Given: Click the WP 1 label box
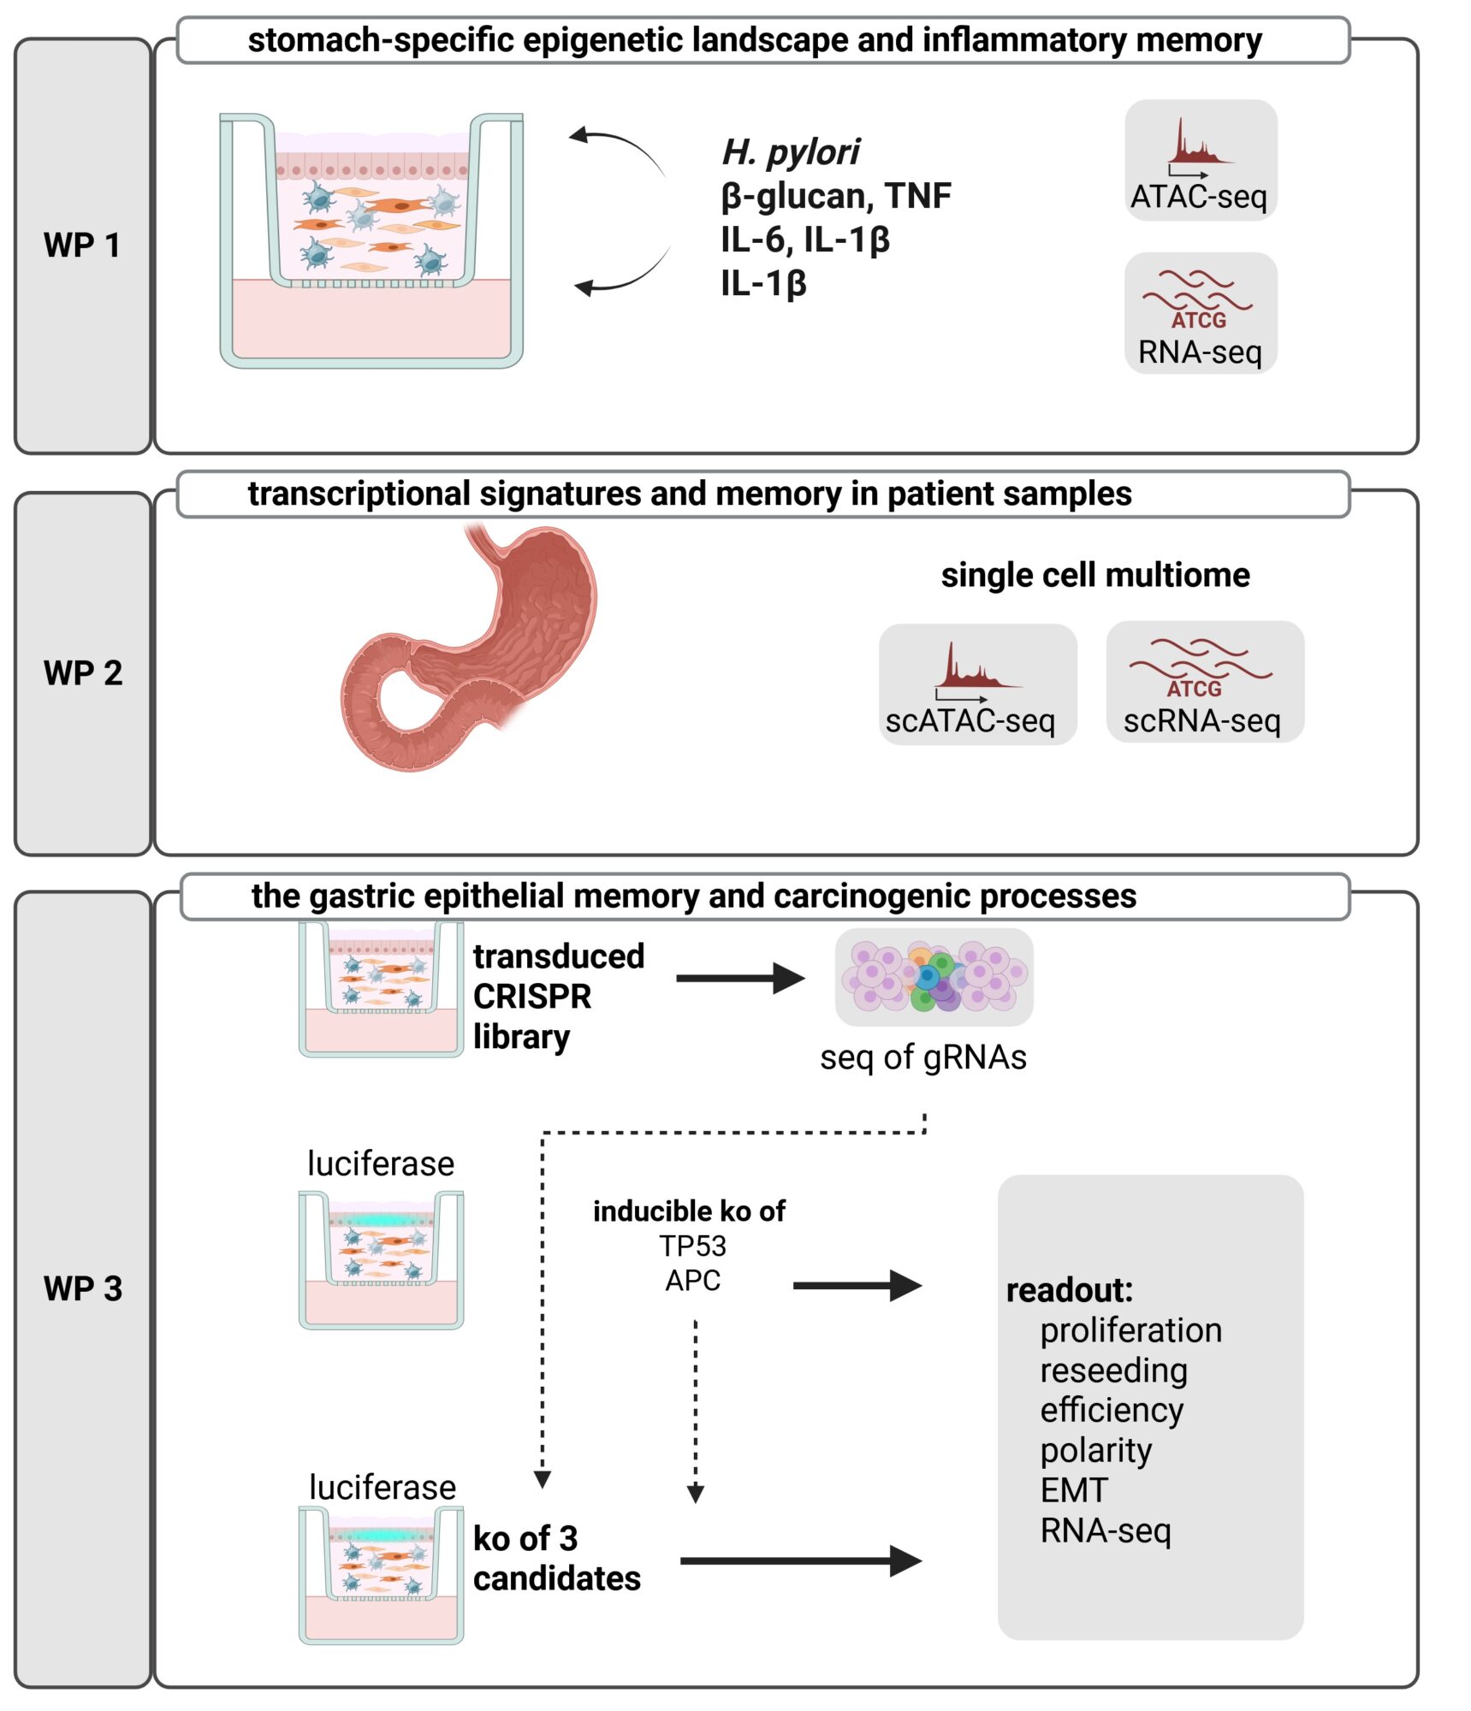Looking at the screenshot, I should (82, 245).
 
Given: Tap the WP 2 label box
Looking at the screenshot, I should (82, 672).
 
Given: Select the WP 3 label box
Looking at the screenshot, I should (82, 1288).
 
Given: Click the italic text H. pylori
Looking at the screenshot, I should (790, 152).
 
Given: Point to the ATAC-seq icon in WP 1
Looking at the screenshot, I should (1200, 160).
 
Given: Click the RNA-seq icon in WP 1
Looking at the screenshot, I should (1200, 313).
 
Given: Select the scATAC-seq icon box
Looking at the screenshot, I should (976, 684).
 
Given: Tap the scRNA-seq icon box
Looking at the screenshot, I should (1204, 682).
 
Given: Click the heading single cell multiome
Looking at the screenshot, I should (1094, 575).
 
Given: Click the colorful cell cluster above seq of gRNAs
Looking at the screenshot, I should (934, 977).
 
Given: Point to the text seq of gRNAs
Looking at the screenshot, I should (922, 1057).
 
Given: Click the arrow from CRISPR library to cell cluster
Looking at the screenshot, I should (740, 978).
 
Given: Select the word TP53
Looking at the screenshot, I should (691, 1246).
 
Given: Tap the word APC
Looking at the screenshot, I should (692, 1281).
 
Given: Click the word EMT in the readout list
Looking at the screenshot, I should (1073, 1490).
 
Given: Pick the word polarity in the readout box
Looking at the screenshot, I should (1095, 1450).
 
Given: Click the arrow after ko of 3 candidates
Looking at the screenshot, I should (800, 1560).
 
